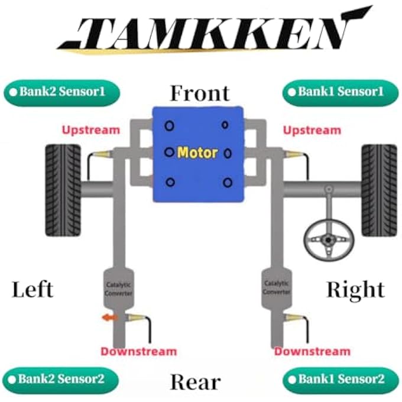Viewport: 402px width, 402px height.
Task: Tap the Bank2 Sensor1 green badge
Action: (62, 93)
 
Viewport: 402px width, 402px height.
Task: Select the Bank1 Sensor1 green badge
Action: (341, 93)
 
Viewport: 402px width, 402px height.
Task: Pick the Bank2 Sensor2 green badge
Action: (61, 380)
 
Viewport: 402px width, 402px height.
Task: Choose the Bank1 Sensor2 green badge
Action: (341, 380)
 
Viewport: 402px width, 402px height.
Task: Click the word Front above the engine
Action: (200, 93)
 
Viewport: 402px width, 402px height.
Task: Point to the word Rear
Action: (195, 382)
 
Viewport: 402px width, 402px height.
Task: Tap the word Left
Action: (33, 289)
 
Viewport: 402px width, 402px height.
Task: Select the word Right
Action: (355, 290)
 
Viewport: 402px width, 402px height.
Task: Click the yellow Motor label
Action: (197, 153)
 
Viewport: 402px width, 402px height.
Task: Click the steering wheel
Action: (329, 239)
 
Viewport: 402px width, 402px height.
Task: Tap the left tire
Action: (63, 190)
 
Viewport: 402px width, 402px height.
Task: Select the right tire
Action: (379, 190)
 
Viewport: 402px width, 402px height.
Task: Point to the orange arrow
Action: (109, 317)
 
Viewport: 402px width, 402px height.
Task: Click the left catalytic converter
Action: (118, 289)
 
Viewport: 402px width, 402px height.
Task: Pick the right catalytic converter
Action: (277, 288)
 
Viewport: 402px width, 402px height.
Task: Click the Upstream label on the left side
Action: (91, 130)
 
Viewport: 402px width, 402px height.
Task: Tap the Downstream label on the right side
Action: (312, 351)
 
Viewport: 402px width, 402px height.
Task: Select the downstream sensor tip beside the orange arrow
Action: (136, 317)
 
